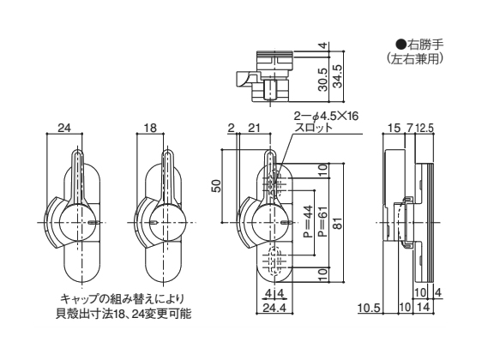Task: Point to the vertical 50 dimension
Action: pos(216,186)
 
